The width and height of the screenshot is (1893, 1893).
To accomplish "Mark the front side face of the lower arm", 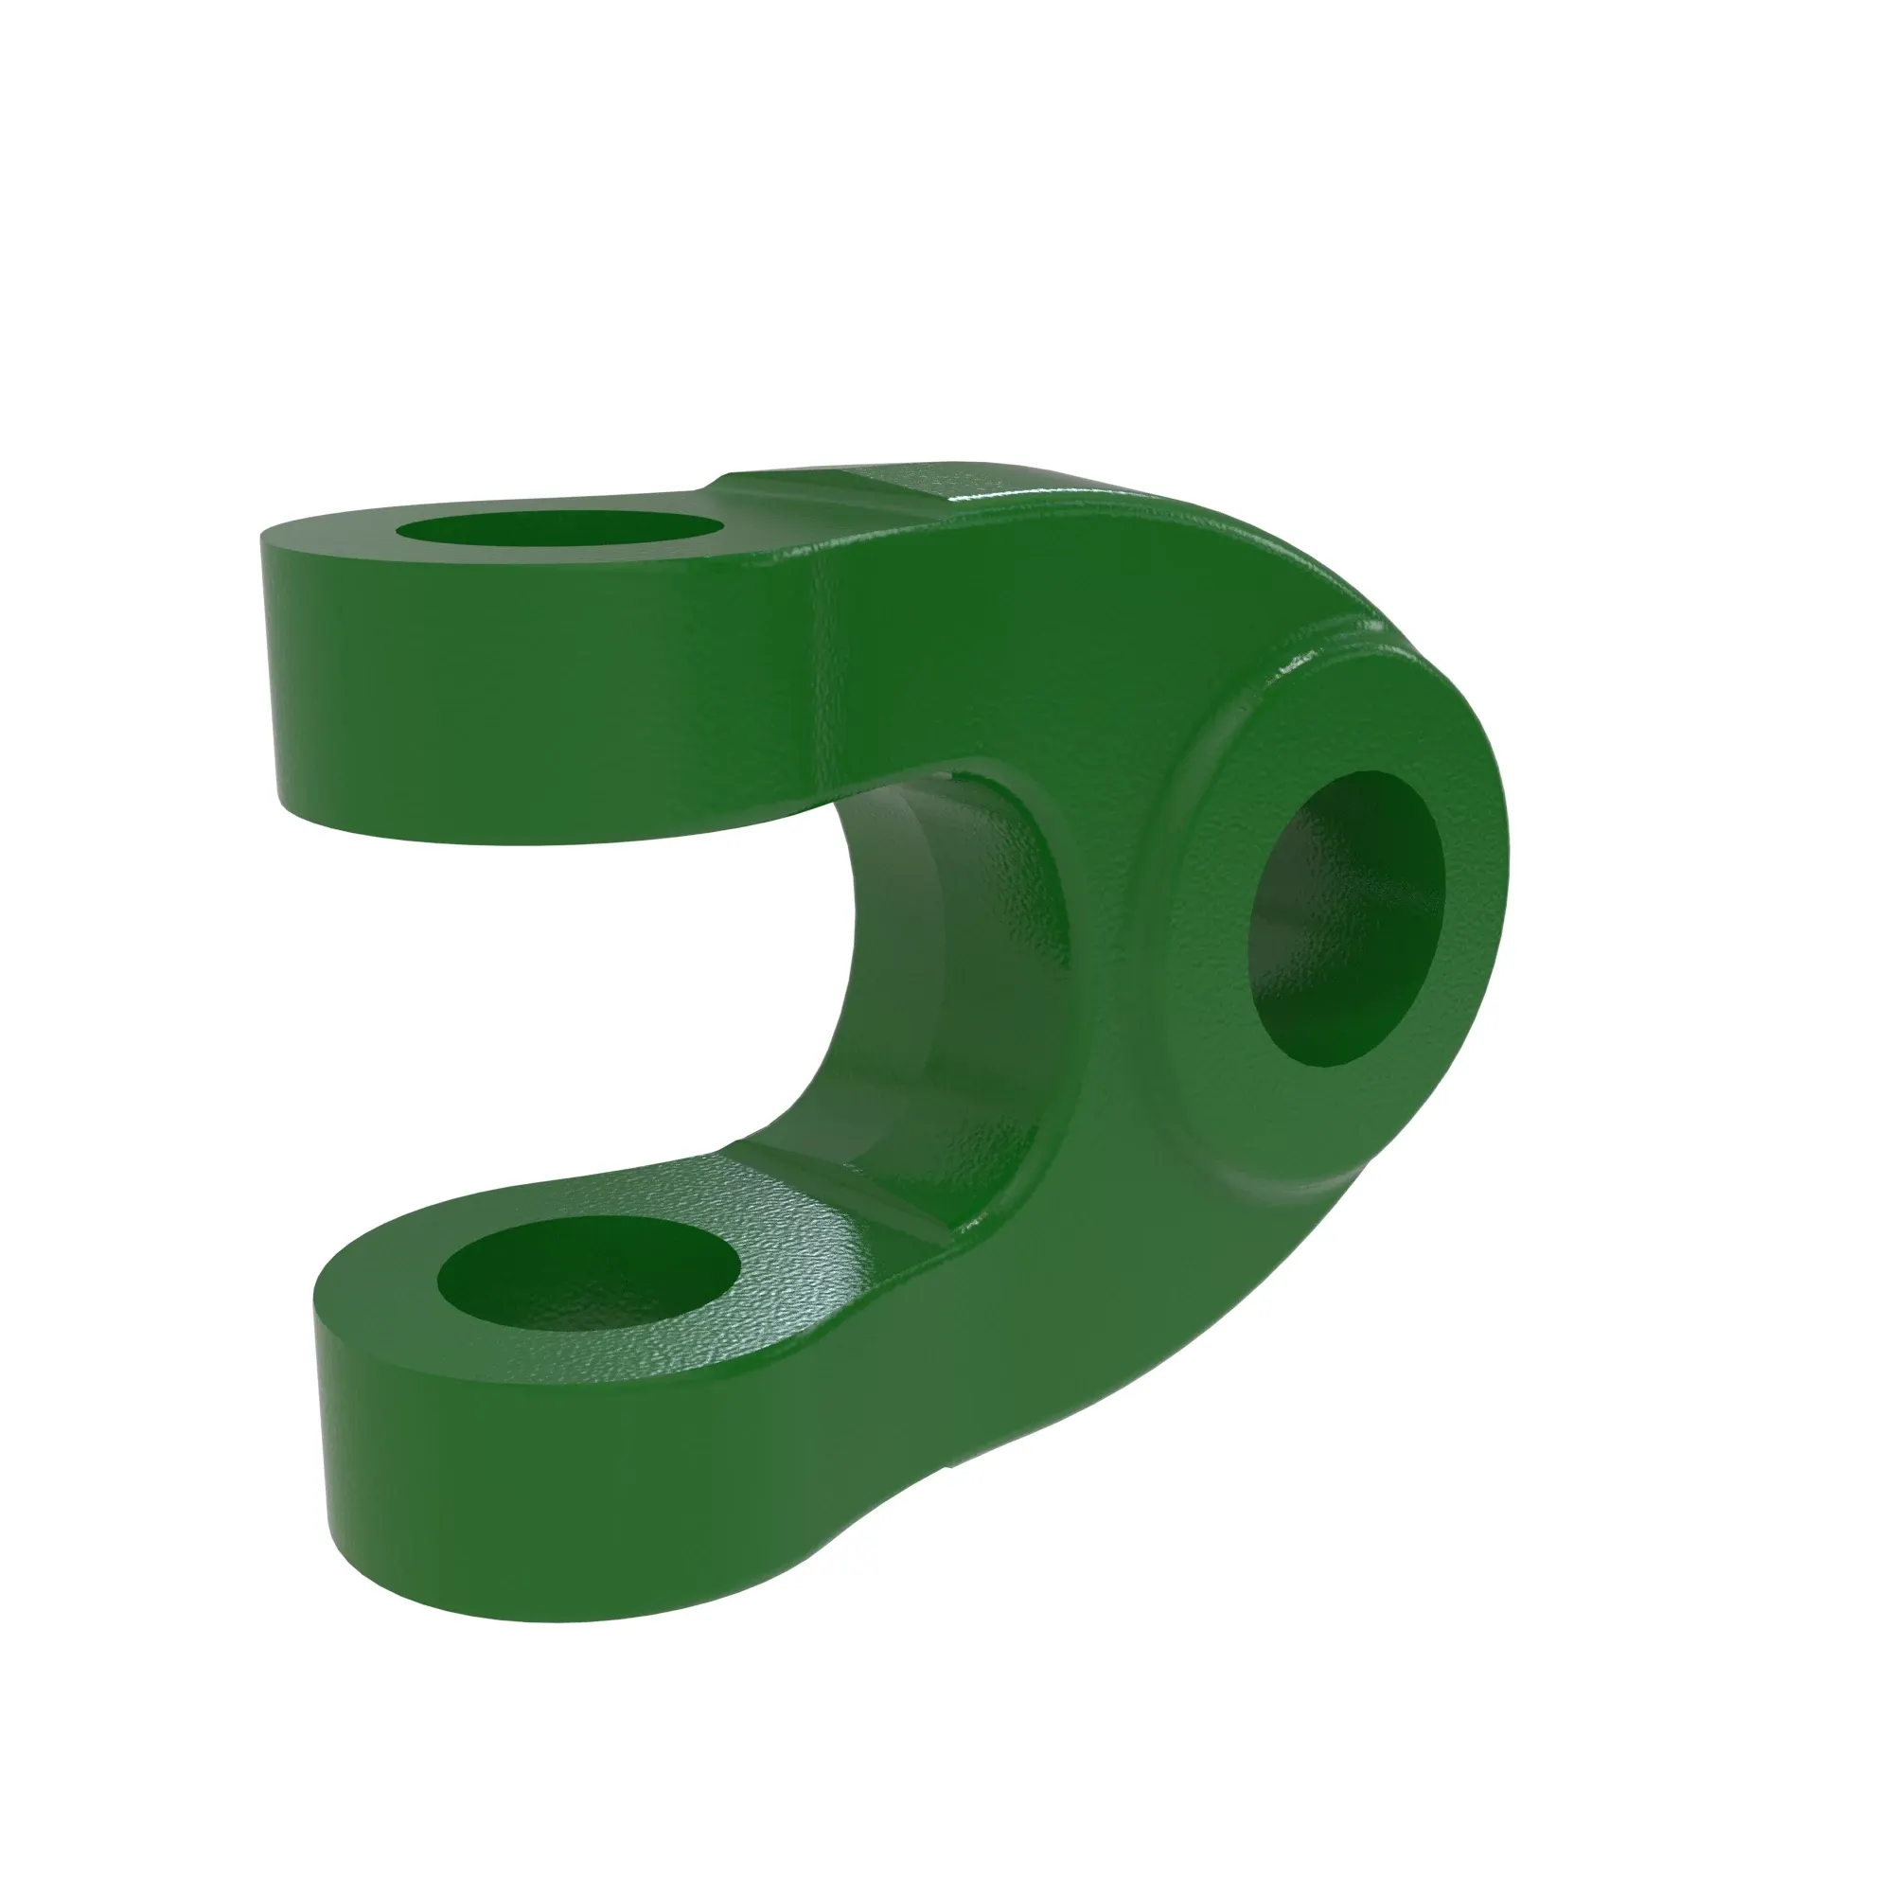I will [x=588, y=1499].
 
